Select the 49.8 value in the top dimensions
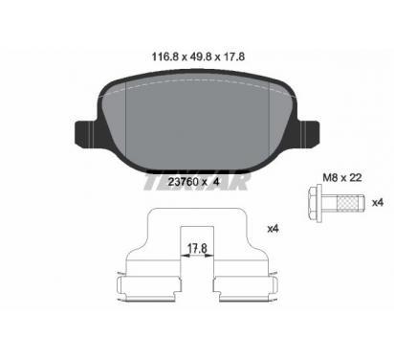tap(201, 56)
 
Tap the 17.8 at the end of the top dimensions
tap(233, 56)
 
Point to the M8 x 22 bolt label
tap(342, 177)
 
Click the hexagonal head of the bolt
tap(315, 203)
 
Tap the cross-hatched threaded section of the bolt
tap(347, 203)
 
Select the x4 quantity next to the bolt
tap(378, 203)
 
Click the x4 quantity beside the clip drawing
tap(274, 229)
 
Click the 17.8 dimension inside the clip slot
tap(197, 248)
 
